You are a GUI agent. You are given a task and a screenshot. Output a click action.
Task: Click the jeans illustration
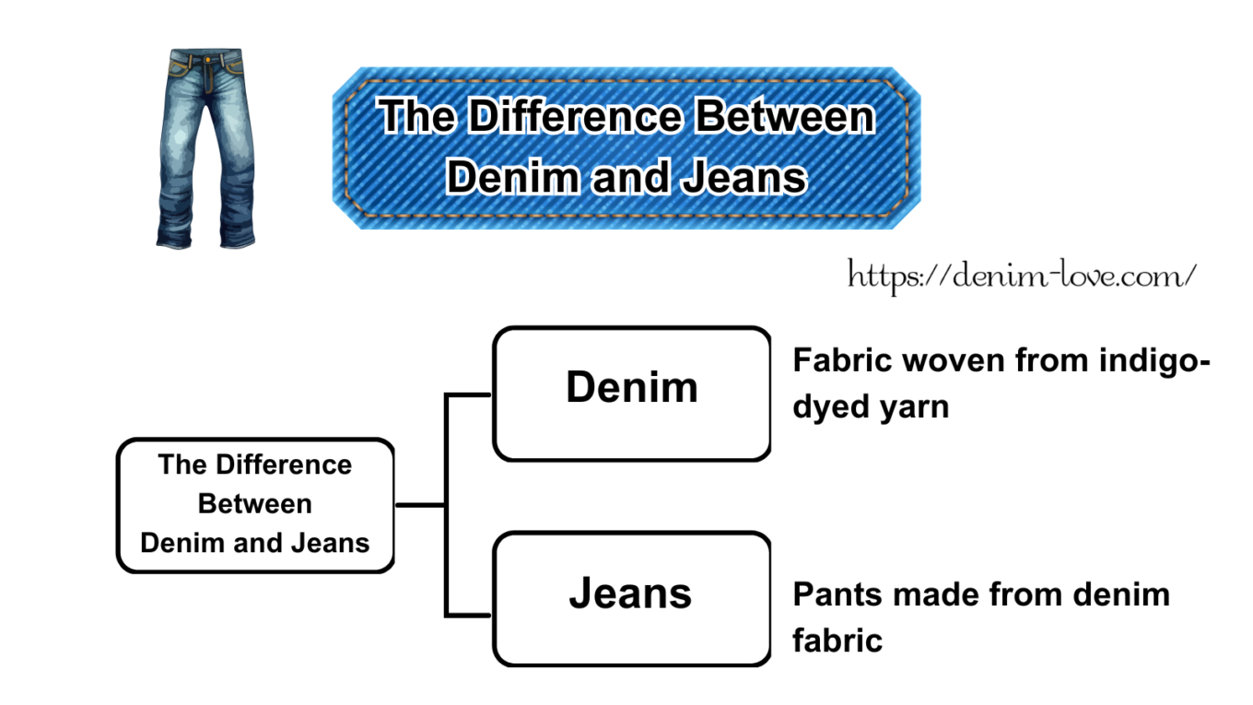205,147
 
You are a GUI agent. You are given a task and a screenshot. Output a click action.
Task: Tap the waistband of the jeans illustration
205,58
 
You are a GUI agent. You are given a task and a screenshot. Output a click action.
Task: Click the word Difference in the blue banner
577,118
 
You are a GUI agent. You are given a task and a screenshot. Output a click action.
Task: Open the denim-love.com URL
1022,275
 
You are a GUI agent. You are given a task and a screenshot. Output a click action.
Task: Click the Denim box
632,393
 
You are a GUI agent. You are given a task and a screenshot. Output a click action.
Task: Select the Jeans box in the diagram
632,598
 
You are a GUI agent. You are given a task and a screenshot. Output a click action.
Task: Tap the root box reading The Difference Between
255,504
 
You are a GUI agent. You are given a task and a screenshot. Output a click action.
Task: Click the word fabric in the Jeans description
837,640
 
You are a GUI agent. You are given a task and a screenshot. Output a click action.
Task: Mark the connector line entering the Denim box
470,395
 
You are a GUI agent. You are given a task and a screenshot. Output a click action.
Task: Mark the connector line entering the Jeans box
470,614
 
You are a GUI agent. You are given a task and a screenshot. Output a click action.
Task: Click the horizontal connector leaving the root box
420,505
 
